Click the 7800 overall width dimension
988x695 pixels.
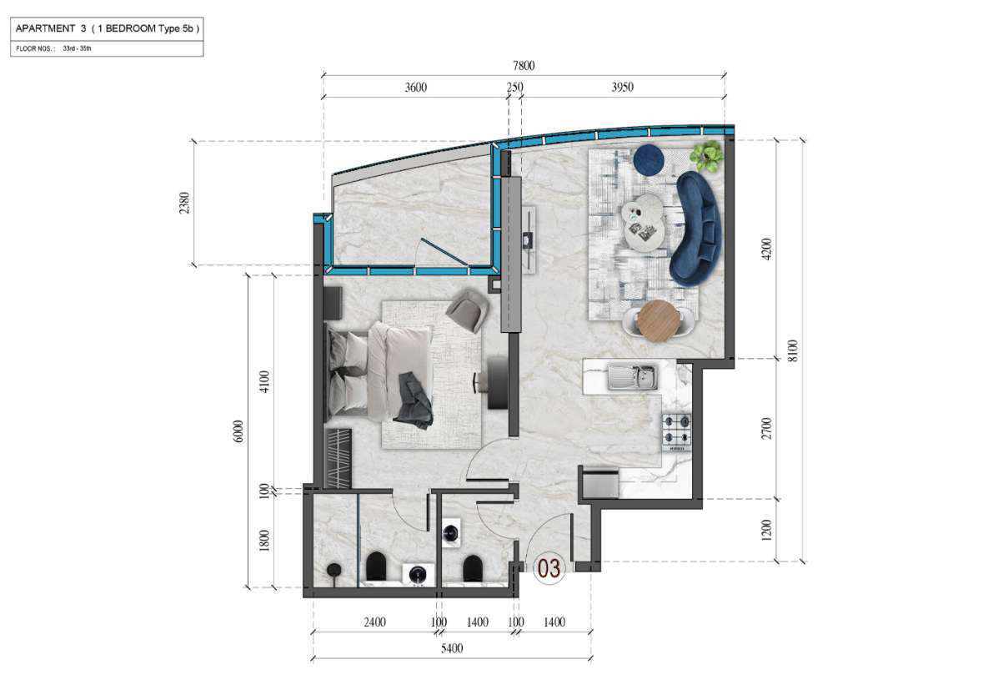524,66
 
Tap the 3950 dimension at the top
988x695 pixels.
622,87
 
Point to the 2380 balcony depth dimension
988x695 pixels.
184,203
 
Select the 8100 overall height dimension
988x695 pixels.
793,350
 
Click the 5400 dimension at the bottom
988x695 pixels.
452,648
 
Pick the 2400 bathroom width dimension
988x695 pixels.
374,622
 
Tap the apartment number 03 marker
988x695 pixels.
549,568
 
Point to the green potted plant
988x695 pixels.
707,156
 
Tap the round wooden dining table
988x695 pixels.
659,320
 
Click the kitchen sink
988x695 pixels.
633,378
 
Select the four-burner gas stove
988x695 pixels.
676,431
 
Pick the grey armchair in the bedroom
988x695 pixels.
468,310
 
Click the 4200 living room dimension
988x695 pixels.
766,249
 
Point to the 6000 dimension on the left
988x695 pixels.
238,431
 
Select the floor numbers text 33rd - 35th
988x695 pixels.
77,48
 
